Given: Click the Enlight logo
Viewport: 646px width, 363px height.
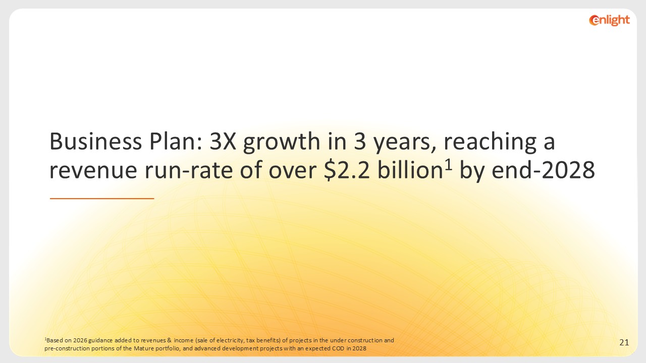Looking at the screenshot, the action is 609,20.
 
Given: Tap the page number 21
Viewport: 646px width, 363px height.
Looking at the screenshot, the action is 624,342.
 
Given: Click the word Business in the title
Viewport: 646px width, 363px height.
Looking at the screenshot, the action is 96,142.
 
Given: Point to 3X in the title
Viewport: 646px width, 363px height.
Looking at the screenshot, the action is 223,142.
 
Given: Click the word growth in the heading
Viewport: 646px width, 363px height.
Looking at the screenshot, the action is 282,143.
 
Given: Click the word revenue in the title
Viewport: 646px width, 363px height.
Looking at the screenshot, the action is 93,170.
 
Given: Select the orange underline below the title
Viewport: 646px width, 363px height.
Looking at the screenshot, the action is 102,199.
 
